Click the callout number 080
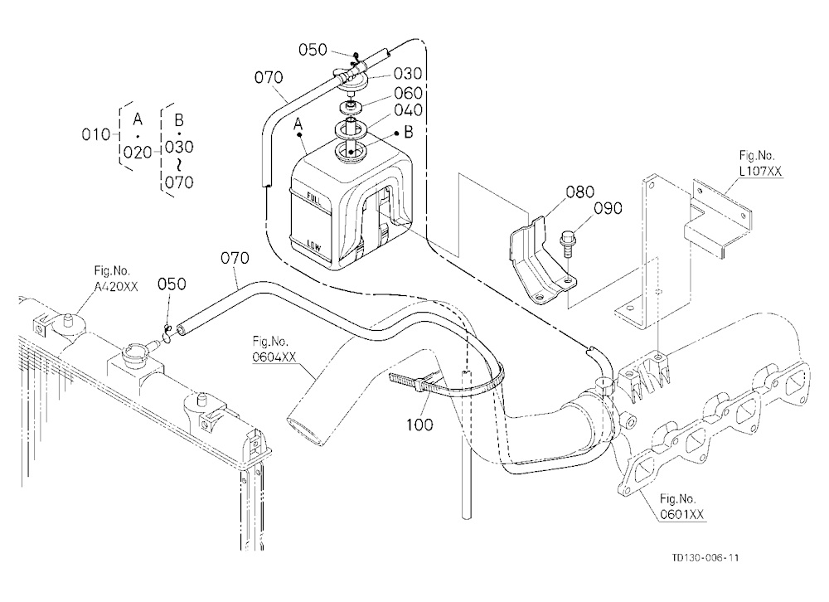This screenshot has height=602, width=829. (x=580, y=192)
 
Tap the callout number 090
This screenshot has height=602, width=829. (x=608, y=208)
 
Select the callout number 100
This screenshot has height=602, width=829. (x=419, y=425)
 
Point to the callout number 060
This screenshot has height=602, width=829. (x=408, y=93)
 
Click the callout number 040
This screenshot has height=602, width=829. (x=408, y=110)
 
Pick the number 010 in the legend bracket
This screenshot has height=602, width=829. (x=95, y=135)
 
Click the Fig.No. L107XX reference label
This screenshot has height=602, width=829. (x=760, y=163)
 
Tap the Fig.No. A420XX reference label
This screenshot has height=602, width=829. (x=116, y=279)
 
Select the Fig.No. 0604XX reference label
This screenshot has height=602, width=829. (x=274, y=349)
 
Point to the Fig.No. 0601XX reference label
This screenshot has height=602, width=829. (x=681, y=507)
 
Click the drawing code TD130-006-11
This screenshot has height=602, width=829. (x=705, y=557)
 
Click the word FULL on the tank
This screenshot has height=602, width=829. (x=313, y=199)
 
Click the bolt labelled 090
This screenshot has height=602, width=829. (x=567, y=242)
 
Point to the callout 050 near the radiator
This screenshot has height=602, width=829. (x=172, y=284)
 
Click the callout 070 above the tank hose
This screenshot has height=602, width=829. (x=269, y=78)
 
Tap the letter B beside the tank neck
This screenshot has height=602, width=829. (x=408, y=132)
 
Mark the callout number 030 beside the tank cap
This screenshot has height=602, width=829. (x=408, y=74)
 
